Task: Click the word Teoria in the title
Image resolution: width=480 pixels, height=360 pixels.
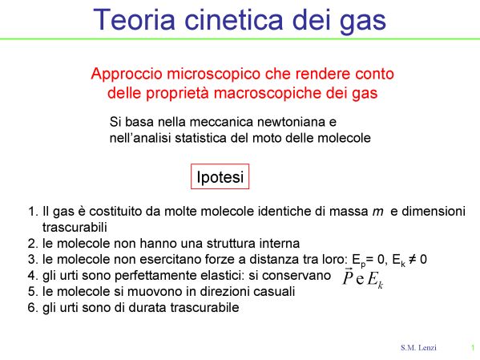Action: click(134, 19)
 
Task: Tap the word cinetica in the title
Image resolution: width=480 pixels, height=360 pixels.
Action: click(233, 19)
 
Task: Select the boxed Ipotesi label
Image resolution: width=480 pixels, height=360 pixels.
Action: click(220, 176)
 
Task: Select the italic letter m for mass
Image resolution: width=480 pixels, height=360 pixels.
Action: click(377, 212)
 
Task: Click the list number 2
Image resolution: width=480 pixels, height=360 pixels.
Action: click(32, 244)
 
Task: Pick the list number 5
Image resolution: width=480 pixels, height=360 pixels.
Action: click(32, 291)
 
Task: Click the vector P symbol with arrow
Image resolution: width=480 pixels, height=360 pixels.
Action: click(348, 277)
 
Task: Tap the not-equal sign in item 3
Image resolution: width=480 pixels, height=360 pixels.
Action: click(413, 260)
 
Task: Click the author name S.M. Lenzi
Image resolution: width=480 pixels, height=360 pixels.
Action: click(418, 348)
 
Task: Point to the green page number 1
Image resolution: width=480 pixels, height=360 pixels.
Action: click(473, 348)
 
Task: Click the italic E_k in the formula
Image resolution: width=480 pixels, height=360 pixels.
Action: click(375, 280)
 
